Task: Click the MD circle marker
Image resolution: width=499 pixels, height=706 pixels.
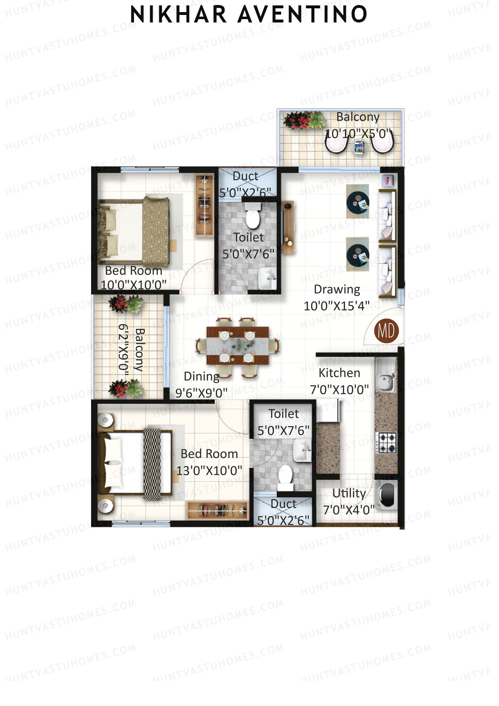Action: (x=386, y=331)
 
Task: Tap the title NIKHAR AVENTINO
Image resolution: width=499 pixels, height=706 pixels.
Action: (x=249, y=15)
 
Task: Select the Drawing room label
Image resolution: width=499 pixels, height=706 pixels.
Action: (x=337, y=289)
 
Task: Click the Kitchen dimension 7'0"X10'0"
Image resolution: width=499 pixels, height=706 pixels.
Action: (x=339, y=390)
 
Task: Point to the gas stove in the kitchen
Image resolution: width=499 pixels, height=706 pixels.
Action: (x=386, y=443)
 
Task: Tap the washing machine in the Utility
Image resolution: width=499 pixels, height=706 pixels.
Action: (x=386, y=495)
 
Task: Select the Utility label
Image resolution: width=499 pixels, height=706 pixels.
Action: (x=349, y=493)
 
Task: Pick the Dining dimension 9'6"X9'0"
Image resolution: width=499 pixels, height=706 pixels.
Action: (x=201, y=393)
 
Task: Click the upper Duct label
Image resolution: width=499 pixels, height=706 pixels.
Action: (x=245, y=176)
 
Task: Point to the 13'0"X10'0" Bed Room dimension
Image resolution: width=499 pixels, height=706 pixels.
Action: (x=209, y=471)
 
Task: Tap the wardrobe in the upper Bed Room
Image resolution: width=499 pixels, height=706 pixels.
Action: (x=205, y=206)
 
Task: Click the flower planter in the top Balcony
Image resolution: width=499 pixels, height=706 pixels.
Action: (x=305, y=120)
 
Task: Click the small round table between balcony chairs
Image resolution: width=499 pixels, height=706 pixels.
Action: (x=359, y=147)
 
